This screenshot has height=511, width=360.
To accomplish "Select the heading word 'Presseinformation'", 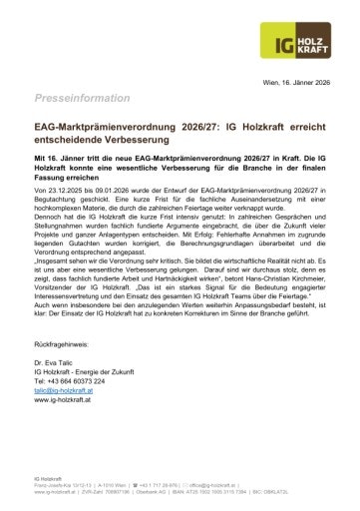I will click(75, 101).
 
